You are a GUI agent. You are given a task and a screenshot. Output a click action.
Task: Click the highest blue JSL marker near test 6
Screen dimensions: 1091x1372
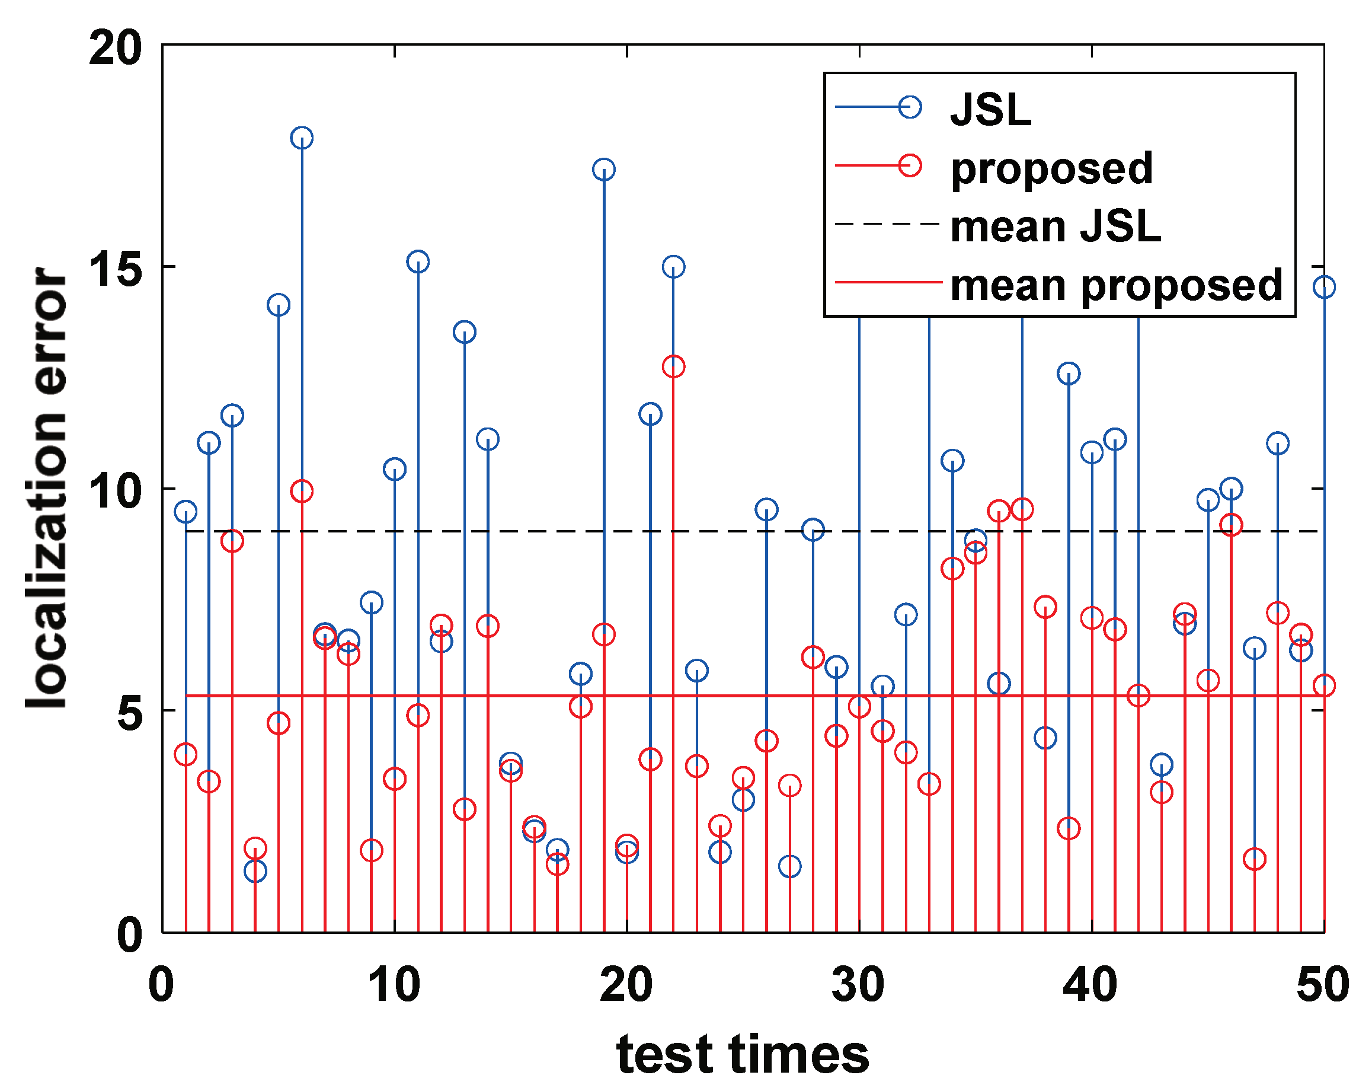(x=302, y=138)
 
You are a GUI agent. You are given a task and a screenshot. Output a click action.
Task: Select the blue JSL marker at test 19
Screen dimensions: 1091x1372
(x=603, y=170)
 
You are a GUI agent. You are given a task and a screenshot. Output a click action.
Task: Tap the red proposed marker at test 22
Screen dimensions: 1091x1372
(x=673, y=366)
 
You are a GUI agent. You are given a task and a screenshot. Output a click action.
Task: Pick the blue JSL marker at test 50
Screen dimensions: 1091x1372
(x=1324, y=287)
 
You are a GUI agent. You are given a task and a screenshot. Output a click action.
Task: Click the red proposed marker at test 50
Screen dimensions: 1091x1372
(x=1324, y=685)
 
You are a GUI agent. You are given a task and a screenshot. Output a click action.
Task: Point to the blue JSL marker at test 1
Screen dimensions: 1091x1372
(x=185, y=511)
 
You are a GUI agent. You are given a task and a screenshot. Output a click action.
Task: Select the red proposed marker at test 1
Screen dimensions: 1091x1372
(x=185, y=755)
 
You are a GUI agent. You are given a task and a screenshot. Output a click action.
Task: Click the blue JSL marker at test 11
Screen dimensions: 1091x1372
(x=417, y=261)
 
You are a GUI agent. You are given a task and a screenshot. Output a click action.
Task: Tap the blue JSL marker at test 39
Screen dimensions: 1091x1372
(x=1069, y=374)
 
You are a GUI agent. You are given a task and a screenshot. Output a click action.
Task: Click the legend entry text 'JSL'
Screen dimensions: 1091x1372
(x=990, y=110)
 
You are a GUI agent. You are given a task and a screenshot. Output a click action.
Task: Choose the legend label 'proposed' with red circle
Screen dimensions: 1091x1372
(x=1051, y=168)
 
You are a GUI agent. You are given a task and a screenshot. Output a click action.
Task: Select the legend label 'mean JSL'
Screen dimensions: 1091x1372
(x=1055, y=227)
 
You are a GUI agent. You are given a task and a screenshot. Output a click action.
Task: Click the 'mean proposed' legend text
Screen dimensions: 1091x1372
(x=1116, y=285)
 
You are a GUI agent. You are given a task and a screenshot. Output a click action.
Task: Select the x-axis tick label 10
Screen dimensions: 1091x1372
(x=394, y=984)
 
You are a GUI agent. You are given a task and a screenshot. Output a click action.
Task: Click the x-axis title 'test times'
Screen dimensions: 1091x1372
(x=743, y=1054)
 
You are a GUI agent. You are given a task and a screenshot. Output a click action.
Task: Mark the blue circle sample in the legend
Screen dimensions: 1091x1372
(x=910, y=107)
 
